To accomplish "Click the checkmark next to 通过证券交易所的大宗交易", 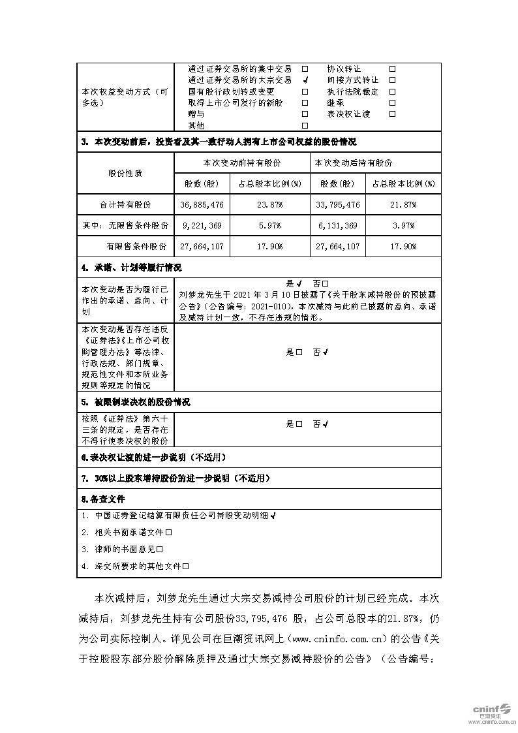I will tap(305, 80).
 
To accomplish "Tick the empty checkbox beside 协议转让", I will tap(392, 69).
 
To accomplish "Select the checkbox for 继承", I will tap(392, 103).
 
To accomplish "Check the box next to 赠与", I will tap(305, 114).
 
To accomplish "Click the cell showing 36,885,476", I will tap(202, 205).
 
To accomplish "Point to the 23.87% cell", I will tap(269, 205).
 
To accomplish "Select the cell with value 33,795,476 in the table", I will tap(338, 205).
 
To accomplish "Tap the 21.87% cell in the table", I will tap(404, 205).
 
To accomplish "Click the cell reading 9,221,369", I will tap(202, 226).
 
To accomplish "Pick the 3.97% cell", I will tap(404, 226).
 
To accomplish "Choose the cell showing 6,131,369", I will tap(338, 226).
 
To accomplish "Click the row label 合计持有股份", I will tap(125, 205).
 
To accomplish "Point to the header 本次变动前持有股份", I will tap(241, 163).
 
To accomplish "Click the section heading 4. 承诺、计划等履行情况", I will tap(131, 268).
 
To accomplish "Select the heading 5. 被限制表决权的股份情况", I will tap(136, 402).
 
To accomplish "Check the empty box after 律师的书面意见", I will tap(159, 550).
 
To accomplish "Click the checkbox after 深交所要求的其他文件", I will tap(186, 567).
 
